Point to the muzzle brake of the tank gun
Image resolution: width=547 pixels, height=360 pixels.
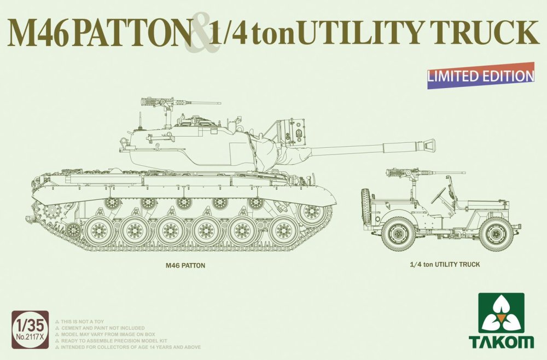[x=427, y=145]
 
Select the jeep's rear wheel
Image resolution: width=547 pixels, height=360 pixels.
[x=398, y=233]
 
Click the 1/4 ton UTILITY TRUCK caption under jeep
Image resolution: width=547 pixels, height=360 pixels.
[x=445, y=264]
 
